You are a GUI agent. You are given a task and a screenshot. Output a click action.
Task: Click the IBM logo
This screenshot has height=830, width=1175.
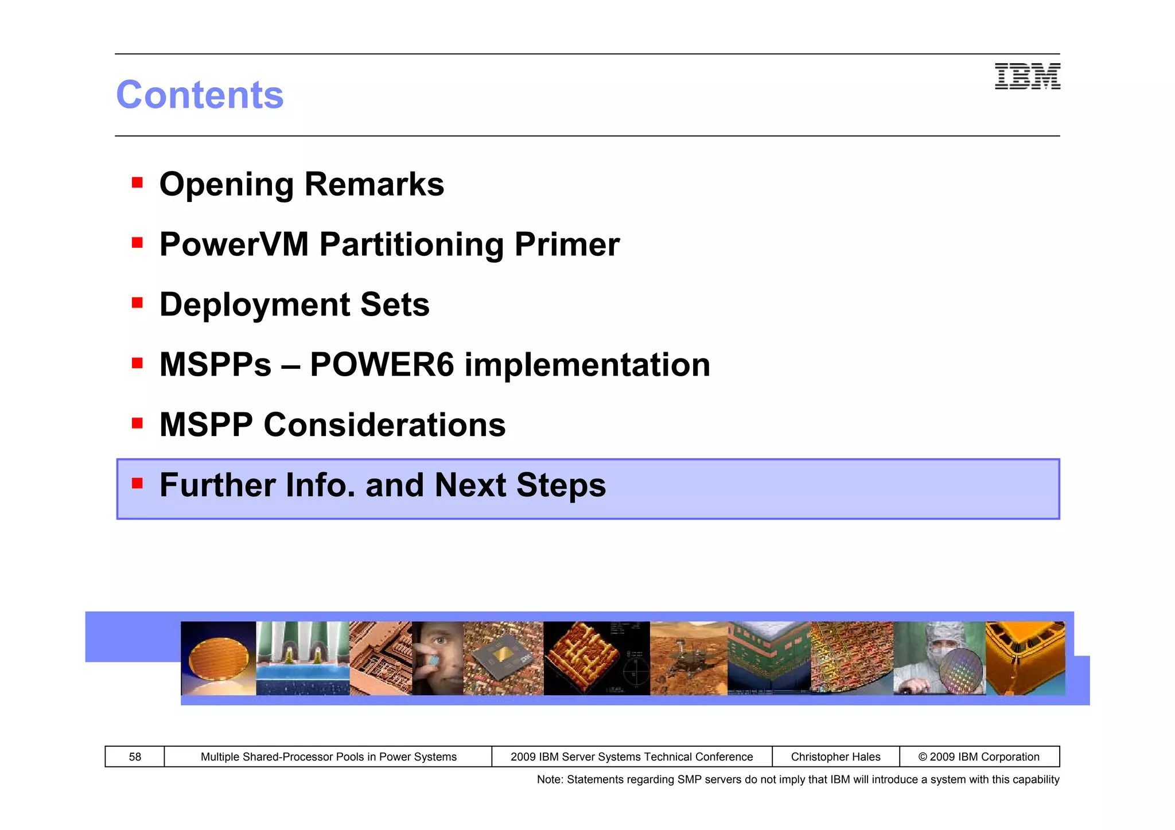[x=1027, y=76]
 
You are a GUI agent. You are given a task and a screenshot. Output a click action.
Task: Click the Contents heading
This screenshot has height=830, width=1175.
[x=200, y=95]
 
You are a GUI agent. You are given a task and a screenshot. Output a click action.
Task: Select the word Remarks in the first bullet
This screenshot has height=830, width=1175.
[x=374, y=184]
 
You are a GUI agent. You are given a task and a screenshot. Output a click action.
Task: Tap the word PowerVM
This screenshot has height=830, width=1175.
[x=234, y=244]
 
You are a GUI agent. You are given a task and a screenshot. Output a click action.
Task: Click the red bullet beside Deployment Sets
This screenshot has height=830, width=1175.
[x=137, y=302]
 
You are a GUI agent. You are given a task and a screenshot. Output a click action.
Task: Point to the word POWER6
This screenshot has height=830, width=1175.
[x=382, y=365]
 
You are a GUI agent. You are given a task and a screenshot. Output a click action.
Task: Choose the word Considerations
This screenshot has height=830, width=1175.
[x=384, y=425]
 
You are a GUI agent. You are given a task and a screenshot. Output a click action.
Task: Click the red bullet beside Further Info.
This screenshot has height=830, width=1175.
[x=137, y=483]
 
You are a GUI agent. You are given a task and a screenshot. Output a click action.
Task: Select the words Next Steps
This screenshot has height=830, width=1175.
[x=520, y=485]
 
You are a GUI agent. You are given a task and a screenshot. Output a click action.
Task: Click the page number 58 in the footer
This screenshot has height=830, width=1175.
[x=135, y=757]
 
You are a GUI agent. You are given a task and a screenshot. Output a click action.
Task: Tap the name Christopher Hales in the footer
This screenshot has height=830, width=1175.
[x=835, y=757]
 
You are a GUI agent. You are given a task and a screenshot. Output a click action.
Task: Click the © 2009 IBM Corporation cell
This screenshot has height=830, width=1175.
[x=979, y=757]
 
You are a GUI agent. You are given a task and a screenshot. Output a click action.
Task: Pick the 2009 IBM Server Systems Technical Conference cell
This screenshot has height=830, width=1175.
[x=631, y=757]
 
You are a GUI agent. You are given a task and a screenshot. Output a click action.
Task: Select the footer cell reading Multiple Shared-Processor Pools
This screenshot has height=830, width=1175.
[x=328, y=757]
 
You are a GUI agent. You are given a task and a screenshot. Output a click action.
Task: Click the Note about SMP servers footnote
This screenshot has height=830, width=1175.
[x=797, y=780]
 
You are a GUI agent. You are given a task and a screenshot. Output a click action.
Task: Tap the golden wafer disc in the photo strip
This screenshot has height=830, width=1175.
[x=218, y=660]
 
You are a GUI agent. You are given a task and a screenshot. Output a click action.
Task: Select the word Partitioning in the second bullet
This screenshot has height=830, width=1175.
[x=411, y=244]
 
